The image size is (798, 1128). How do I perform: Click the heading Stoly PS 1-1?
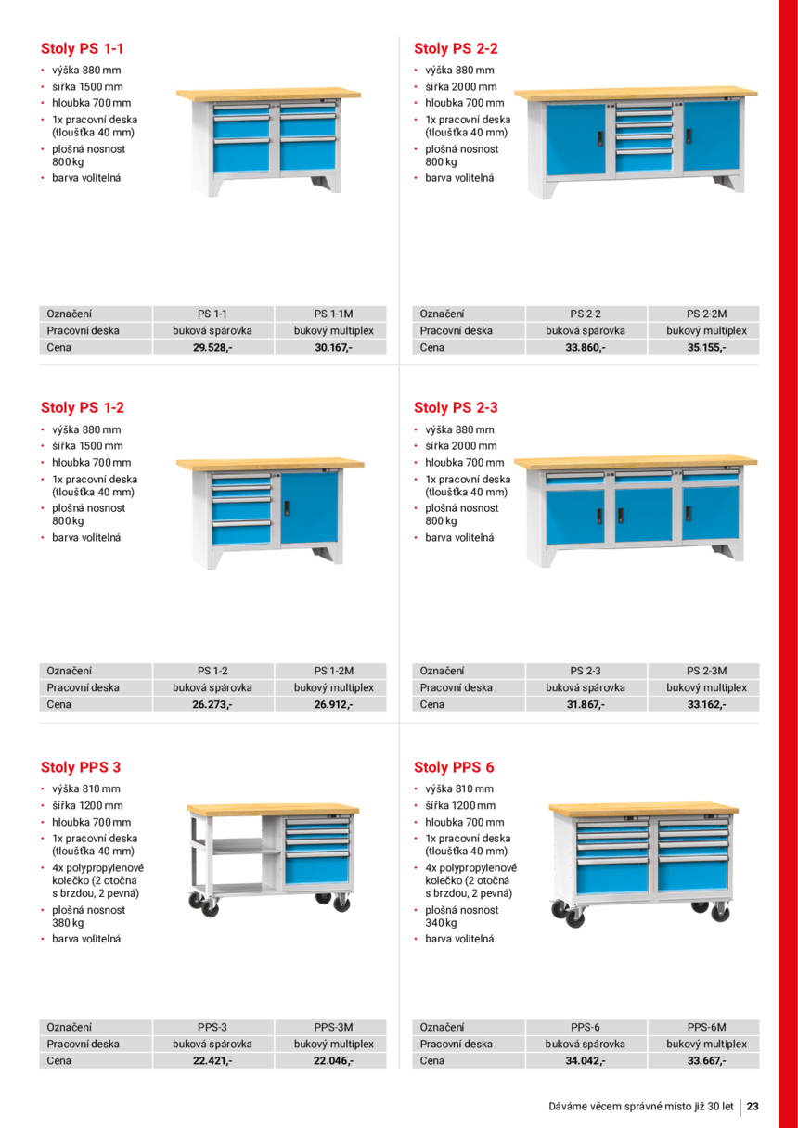pos(82,48)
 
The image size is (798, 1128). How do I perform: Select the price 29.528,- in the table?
pos(212,348)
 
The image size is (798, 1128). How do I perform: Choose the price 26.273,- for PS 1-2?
pos(212,705)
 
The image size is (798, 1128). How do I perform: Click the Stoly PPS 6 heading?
pos(454,767)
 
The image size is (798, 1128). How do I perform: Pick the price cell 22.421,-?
pos(212,1060)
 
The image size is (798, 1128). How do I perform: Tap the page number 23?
pos(753,1106)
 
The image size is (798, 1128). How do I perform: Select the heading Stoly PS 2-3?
pos(456,407)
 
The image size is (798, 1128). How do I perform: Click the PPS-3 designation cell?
pos(212,1027)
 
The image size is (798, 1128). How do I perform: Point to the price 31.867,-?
pos(586,705)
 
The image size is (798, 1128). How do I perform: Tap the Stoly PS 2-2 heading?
pos(456,48)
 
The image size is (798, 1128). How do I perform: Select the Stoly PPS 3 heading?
pos(81,767)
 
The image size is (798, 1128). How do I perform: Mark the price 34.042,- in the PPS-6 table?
pos(586,1060)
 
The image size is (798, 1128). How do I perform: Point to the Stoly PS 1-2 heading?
pos(82,407)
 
